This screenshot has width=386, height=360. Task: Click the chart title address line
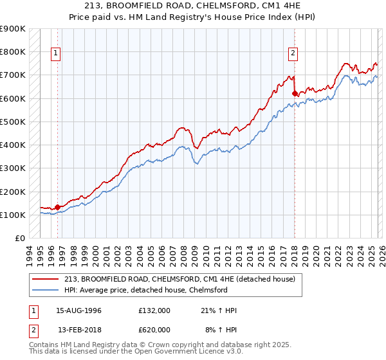(x=193, y=5)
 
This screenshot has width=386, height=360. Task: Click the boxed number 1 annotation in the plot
(x=56, y=53)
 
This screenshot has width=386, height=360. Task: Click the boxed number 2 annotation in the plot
(x=293, y=53)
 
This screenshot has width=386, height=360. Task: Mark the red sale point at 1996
(x=57, y=207)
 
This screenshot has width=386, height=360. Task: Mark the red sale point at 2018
(x=295, y=93)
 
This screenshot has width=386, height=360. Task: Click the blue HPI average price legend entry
(x=154, y=290)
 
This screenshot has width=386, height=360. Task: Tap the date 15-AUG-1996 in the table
(x=78, y=310)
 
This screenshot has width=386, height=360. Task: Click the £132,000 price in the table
(x=154, y=310)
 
